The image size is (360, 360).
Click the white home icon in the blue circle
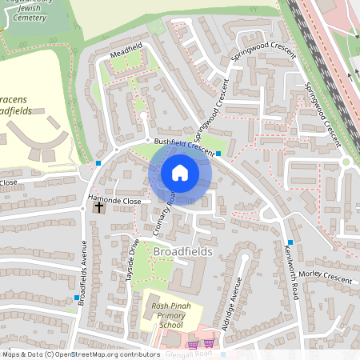180,172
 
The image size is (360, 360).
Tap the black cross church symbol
99,207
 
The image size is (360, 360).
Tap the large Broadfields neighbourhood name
182,252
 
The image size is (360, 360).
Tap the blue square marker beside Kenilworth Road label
290,242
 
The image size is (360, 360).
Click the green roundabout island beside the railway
346,162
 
